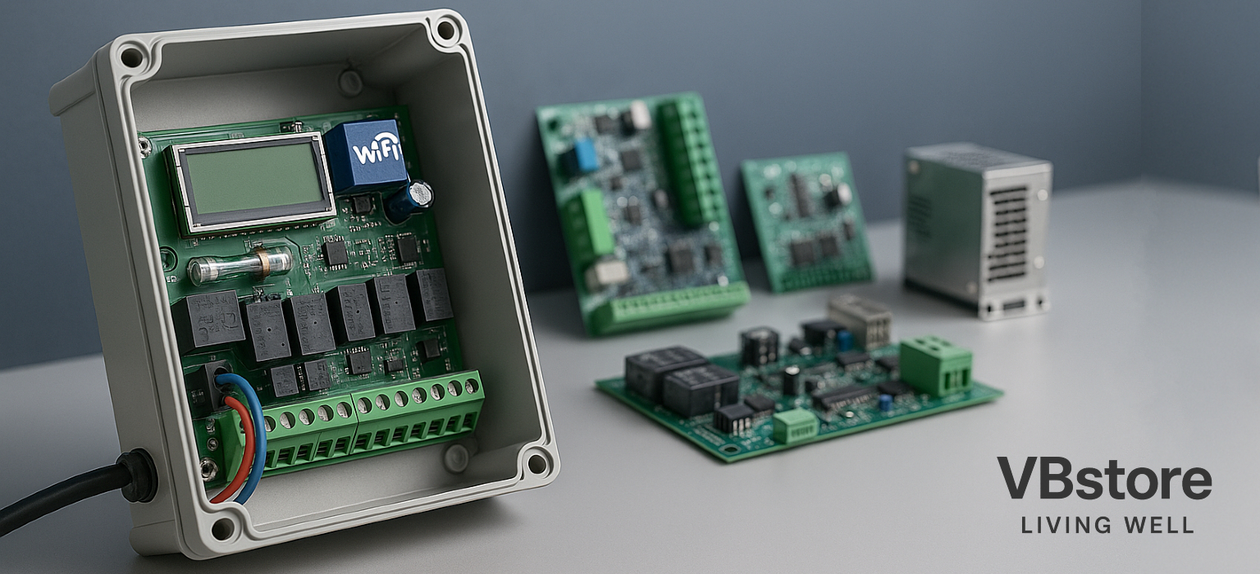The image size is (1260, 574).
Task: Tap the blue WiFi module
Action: [x=367, y=156]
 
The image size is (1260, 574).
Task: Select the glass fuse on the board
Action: [x=240, y=264]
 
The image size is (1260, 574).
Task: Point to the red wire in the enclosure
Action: [x=239, y=449]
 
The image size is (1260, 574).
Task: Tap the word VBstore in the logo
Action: [x=1104, y=478]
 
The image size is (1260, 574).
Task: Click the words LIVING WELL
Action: [x=1107, y=525]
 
